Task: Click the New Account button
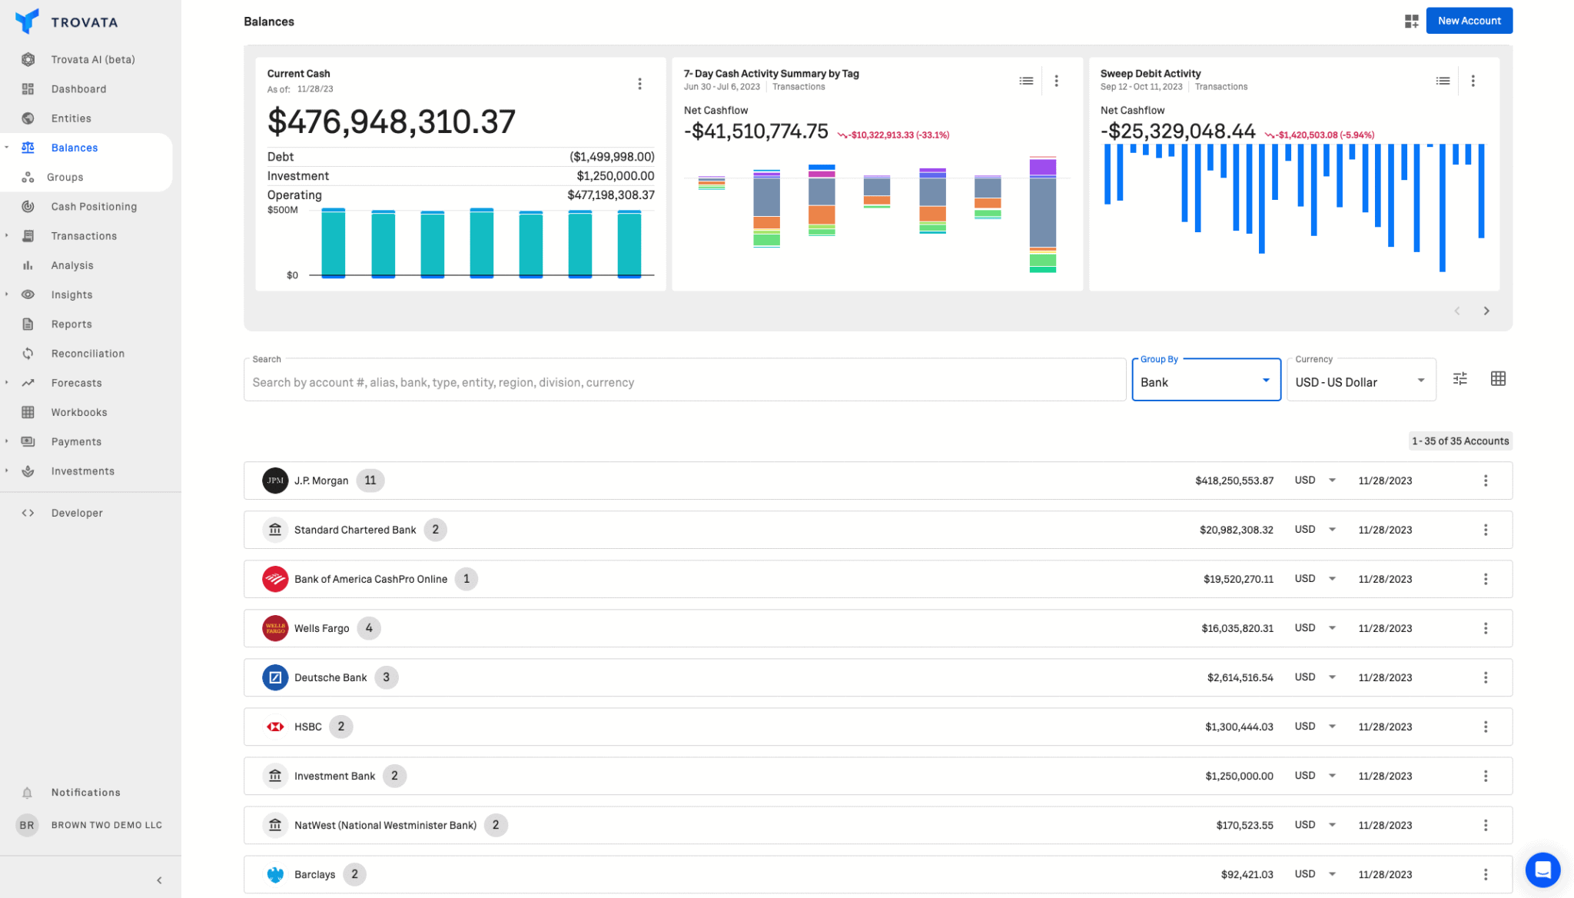tap(1469, 21)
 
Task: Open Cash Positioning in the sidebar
tap(94, 206)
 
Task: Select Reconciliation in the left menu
tap(88, 354)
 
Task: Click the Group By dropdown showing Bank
tap(1205, 381)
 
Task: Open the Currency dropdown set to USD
tap(1360, 381)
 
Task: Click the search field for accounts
tap(684, 382)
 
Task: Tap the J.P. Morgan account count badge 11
tap(370, 481)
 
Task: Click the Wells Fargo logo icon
tap(275, 628)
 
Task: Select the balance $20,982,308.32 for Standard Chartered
tap(1236, 530)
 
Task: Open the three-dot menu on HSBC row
tap(1485, 727)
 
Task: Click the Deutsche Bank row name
tap(330, 677)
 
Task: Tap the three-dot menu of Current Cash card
tap(639, 84)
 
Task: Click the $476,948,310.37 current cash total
tap(391, 121)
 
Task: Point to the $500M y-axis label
tap(282, 210)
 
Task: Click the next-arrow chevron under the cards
tap(1486, 311)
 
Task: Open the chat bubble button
tap(1542, 870)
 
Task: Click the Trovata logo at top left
tap(28, 22)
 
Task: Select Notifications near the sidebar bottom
tap(85, 793)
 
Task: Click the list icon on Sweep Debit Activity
tap(1443, 81)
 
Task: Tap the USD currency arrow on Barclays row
tap(1332, 874)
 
